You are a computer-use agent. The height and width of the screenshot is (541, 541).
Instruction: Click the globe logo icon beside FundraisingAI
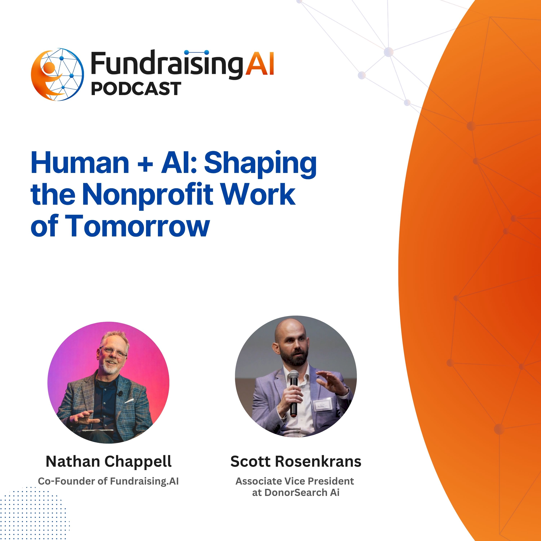click(57, 74)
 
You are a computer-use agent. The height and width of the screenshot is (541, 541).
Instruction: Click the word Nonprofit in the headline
click(148, 194)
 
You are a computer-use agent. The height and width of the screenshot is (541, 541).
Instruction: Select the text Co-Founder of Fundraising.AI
click(108, 481)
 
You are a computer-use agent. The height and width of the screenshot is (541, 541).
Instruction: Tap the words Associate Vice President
click(295, 481)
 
